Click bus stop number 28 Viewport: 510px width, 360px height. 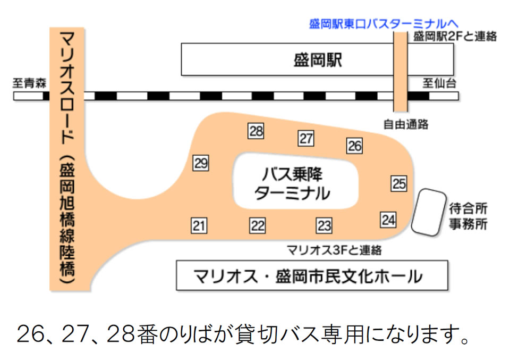coord(256,131)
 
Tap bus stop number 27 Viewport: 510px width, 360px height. coord(306,138)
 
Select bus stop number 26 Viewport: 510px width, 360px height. coord(354,145)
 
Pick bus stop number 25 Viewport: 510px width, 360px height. coord(399,183)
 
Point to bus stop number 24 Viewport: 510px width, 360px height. coord(388,219)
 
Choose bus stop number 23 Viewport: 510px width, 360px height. coord(324,225)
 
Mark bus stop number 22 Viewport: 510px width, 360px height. coord(258,225)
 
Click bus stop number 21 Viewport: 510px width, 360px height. coord(199,225)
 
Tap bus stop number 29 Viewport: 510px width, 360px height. coord(200,163)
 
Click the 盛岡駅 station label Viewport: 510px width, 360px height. coord(318,60)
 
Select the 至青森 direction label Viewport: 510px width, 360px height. coord(30,83)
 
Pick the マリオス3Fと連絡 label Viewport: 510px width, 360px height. coord(334,250)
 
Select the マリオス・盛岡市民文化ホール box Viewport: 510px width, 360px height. coord(311,275)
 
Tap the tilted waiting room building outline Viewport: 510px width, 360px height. coord(429,212)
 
